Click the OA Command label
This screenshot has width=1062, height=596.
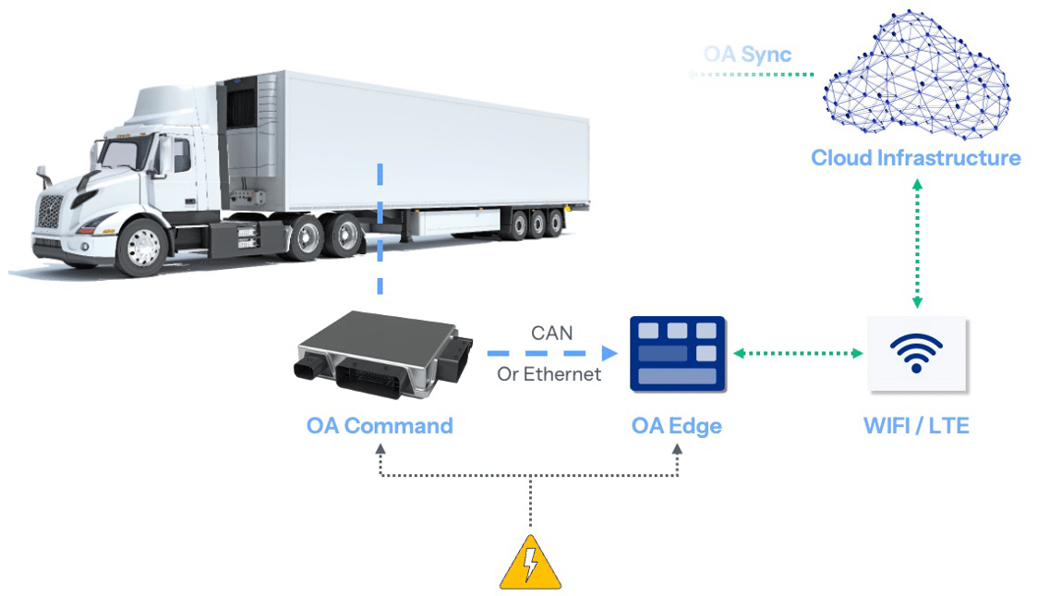380,426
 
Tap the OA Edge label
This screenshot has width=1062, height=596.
676,426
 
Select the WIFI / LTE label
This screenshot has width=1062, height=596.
916,426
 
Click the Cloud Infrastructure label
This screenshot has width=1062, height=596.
915,158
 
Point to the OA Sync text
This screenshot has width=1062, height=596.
747,54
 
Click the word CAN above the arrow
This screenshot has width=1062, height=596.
551,333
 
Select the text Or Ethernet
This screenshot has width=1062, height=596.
549,374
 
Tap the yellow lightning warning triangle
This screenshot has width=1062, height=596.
530,564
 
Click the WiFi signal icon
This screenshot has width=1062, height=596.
916,353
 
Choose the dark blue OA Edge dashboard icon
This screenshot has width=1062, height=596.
677,353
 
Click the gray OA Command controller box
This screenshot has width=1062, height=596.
379,356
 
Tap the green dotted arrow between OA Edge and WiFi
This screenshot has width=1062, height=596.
797,353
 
